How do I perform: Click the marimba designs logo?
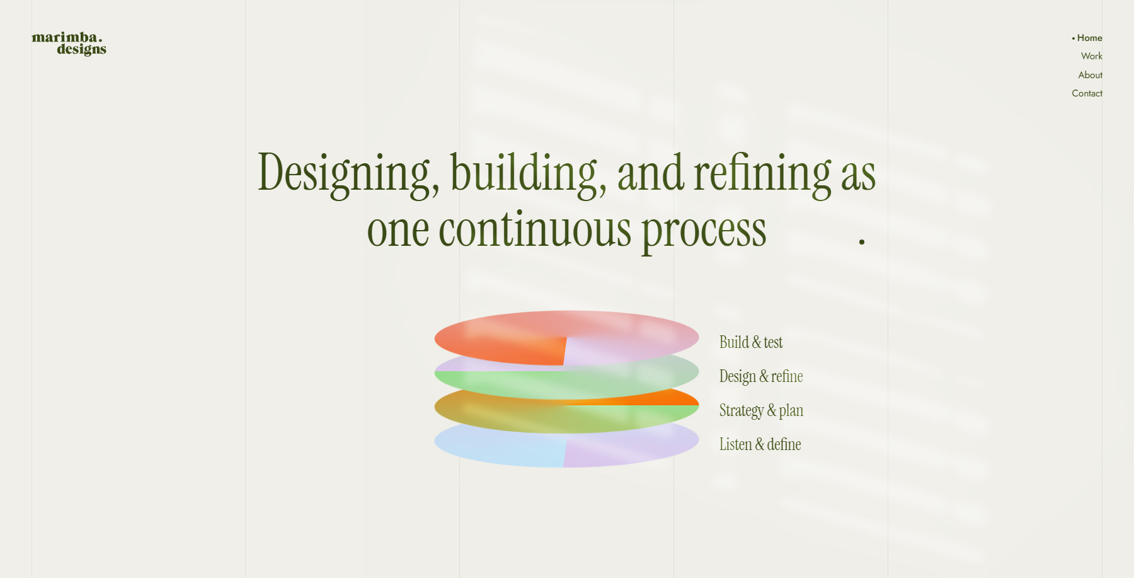coord(69,43)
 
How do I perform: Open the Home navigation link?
coord(1089,38)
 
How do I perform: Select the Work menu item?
coord(1091,56)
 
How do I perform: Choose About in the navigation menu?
coord(1090,75)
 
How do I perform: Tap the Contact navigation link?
coord(1087,93)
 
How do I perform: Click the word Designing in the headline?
coord(344,173)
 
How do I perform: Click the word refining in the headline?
coord(762,173)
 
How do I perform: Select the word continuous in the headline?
coord(535,230)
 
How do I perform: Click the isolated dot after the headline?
coord(861,241)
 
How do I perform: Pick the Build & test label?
coord(751,342)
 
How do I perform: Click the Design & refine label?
coord(761,376)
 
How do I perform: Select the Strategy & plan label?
coord(761,410)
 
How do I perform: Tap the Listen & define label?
coord(760,444)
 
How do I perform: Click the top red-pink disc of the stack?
coord(504,334)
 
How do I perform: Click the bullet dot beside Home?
coord(1073,38)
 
